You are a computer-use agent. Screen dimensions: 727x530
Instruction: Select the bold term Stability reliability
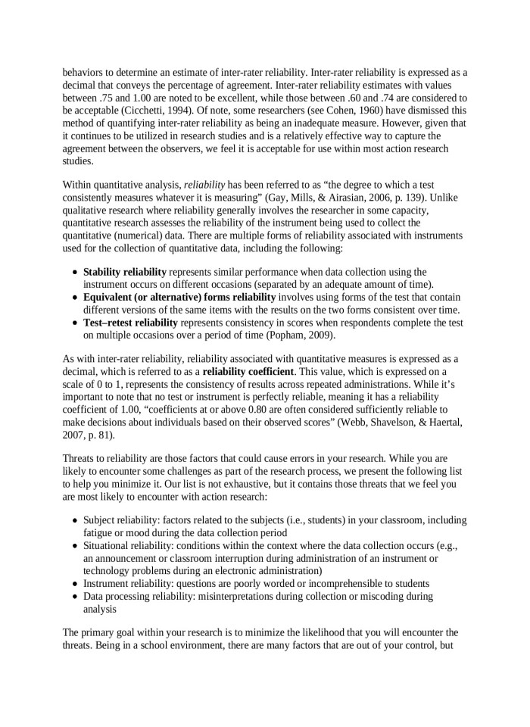pyautogui.click(x=125, y=271)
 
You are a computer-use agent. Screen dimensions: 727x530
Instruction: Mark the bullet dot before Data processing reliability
pyautogui.click(x=74, y=596)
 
